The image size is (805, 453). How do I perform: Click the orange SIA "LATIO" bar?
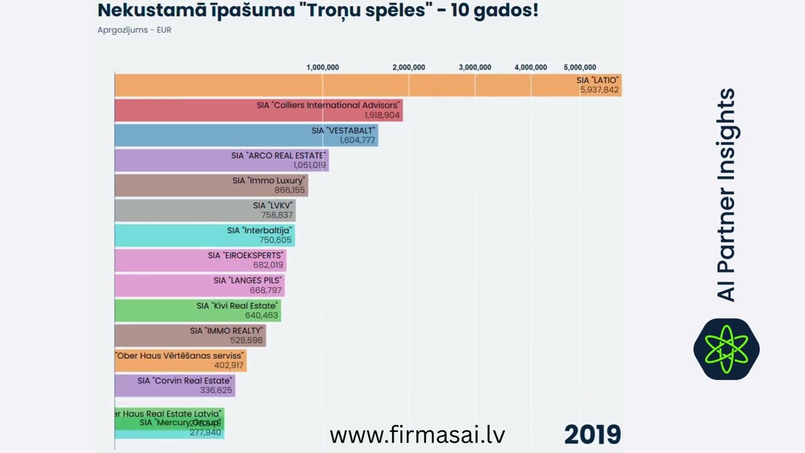click(x=368, y=85)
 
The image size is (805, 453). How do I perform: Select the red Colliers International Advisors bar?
click(x=258, y=110)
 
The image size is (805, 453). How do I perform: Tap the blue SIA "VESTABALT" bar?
click(x=246, y=135)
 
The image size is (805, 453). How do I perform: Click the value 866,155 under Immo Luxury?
click(x=289, y=190)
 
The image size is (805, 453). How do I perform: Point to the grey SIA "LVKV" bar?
click(x=205, y=210)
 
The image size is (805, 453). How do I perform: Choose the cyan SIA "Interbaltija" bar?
click(x=204, y=235)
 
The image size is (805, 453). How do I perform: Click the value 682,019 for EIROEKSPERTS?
click(x=269, y=265)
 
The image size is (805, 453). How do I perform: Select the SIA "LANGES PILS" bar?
click(x=199, y=285)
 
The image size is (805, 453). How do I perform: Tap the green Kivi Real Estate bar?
click(x=197, y=310)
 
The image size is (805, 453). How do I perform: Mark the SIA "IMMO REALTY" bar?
click(x=190, y=335)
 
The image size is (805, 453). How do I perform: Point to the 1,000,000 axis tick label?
click(x=323, y=67)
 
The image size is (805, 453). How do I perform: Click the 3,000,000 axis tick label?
click(x=475, y=67)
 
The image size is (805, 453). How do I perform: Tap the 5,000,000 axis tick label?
click(x=580, y=67)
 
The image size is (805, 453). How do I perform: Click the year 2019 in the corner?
click(x=592, y=435)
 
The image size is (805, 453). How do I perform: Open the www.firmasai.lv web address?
click(x=417, y=435)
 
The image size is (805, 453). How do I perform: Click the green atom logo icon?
click(x=726, y=349)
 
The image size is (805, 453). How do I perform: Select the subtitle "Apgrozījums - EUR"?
click(x=135, y=30)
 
